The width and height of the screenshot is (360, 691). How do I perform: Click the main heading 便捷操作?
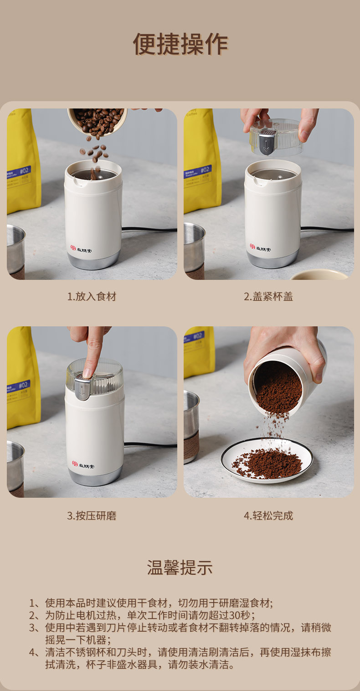click(x=180, y=44)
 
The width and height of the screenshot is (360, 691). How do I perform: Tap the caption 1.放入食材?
click(x=92, y=296)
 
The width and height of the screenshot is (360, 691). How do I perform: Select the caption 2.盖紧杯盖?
click(x=268, y=296)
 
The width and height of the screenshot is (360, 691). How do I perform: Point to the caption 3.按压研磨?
click(x=92, y=516)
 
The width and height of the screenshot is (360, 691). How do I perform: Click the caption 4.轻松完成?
click(x=268, y=516)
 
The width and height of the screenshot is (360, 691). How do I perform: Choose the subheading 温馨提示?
click(x=180, y=567)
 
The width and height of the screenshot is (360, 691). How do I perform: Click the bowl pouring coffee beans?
click(x=97, y=121)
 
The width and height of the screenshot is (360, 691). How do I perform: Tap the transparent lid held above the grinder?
click(x=276, y=137)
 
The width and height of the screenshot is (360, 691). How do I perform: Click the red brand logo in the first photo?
click(x=73, y=248)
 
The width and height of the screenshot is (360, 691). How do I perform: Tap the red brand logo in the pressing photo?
click(x=75, y=464)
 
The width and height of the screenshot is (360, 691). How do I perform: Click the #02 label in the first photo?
click(x=24, y=170)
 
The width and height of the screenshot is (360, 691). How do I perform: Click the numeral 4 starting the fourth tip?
click(x=32, y=652)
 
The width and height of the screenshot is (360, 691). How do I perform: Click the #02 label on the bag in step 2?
click(x=205, y=170)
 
